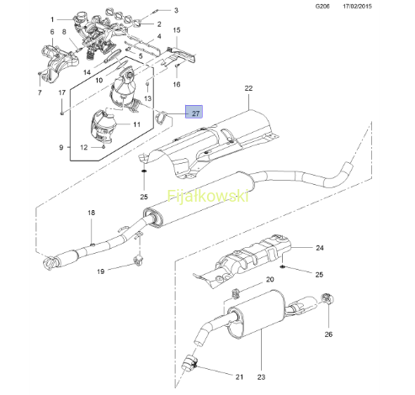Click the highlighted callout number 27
point(195,113)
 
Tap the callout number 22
point(248,88)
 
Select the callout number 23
point(261,377)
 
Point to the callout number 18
point(91,213)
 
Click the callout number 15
point(177,30)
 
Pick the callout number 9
point(61,147)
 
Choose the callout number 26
point(328,334)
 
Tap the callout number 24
point(320,248)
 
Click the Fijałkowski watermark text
point(208,196)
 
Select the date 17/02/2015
point(357,6)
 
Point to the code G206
point(322,6)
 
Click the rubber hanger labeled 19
point(139,261)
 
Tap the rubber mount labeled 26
point(327,298)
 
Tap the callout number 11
point(136,124)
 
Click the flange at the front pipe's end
point(51,264)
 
